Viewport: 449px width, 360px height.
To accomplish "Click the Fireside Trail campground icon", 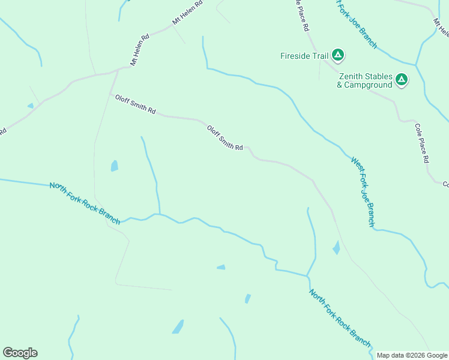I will point(338,56).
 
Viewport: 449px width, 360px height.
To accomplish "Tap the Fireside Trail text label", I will point(304,56).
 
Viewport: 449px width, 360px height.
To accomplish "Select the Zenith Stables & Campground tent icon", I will point(402,79).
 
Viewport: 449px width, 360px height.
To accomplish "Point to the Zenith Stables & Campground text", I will point(365,80).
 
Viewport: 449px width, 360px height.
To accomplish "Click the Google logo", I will point(20,353).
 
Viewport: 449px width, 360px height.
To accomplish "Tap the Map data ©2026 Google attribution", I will point(412,355).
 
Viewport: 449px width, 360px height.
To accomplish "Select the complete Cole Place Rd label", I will point(422,143).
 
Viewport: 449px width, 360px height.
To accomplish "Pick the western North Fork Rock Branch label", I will point(85,203).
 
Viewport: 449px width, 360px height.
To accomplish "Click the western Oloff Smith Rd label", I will point(135,104).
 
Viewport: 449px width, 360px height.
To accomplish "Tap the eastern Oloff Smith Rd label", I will point(224,137).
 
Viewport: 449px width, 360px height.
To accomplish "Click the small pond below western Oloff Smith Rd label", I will point(114,166).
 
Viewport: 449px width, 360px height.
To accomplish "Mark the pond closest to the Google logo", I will point(178,327).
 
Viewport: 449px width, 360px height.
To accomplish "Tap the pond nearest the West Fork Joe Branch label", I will point(336,247).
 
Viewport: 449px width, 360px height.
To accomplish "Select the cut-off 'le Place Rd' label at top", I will point(302,16).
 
